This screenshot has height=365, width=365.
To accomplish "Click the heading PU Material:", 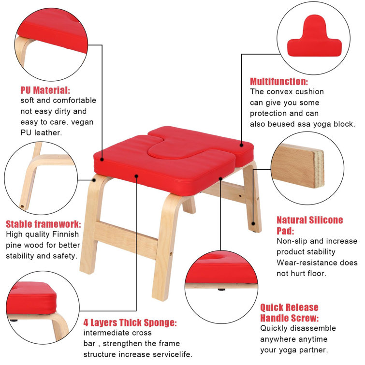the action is [x=45, y=90].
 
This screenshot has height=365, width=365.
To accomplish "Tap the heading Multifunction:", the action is [x=279, y=82].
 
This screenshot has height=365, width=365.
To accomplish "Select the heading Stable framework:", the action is [x=44, y=224].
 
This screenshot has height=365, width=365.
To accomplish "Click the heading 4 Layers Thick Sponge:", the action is [x=130, y=322].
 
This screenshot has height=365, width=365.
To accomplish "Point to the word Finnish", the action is [x=66, y=234].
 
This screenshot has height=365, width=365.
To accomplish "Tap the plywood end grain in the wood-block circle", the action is [x=319, y=169].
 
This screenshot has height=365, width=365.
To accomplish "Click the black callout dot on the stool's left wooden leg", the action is [x=94, y=180].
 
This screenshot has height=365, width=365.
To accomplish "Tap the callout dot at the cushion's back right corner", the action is [x=241, y=145].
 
